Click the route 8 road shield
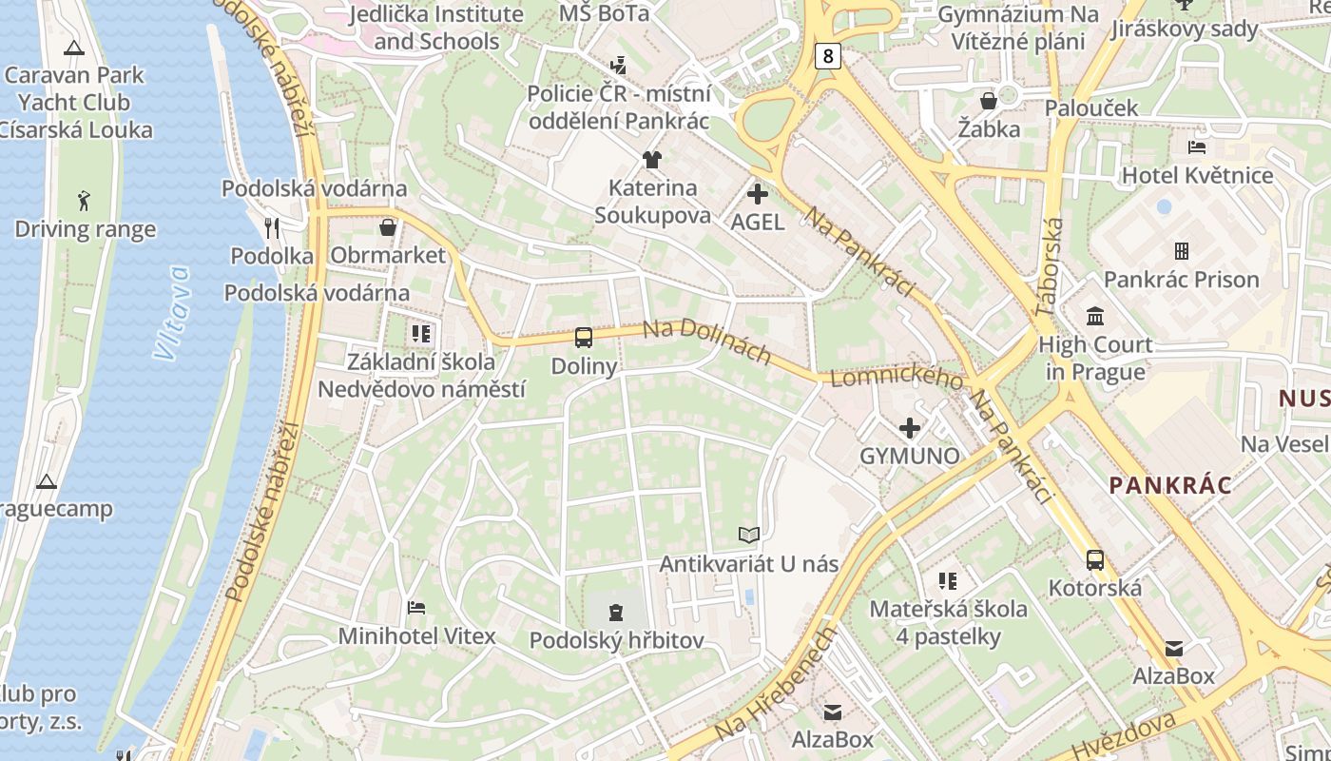828,56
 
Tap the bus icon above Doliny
584,337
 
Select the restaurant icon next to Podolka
273,227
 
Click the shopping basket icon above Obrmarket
388,227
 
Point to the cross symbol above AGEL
758,195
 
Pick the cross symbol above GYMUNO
910,428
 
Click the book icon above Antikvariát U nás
749,536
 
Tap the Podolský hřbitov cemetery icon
616,612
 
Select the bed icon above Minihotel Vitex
416,607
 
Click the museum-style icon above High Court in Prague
1095,316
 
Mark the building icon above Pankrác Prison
1181,251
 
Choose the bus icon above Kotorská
1095,559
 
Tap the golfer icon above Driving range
85,201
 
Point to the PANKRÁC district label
1170,485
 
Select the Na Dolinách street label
706,342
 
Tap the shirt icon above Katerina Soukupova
652,159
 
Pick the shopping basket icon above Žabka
989,100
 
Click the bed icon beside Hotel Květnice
1198,147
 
